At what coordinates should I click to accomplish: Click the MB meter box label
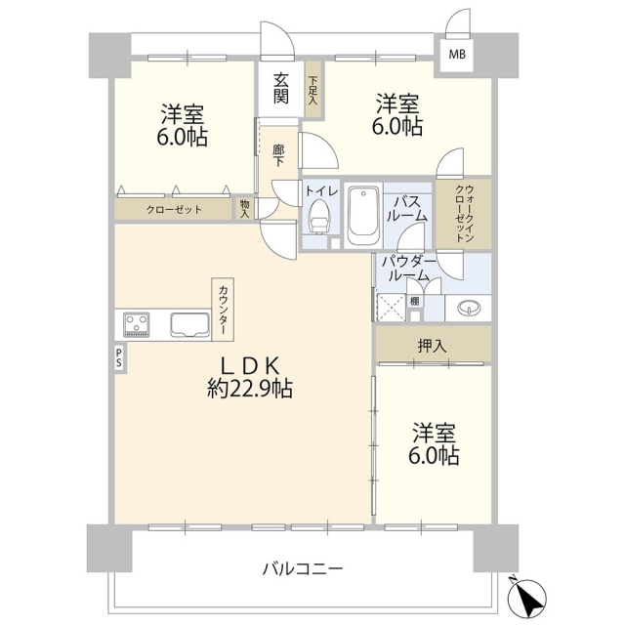(x=457, y=54)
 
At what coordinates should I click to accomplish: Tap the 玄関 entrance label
(x=280, y=89)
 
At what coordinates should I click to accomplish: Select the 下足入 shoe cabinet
(x=312, y=90)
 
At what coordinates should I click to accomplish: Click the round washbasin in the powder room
(x=469, y=308)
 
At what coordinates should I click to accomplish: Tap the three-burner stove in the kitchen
(x=137, y=323)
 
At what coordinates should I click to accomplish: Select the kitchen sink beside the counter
(x=190, y=324)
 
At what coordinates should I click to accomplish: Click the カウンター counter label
(x=223, y=310)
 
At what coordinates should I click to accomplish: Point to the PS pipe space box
(x=119, y=358)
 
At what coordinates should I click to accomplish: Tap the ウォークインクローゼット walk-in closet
(x=464, y=214)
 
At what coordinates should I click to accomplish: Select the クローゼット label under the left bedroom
(x=174, y=209)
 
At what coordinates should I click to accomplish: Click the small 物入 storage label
(x=245, y=209)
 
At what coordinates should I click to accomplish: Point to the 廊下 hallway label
(x=278, y=155)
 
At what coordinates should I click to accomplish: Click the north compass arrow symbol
(x=527, y=594)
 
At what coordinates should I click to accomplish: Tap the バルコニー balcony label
(x=303, y=568)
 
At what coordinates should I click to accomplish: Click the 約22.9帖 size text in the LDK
(x=250, y=388)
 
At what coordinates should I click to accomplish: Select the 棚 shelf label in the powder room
(x=414, y=301)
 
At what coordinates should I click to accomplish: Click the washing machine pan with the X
(x=391, y=308)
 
